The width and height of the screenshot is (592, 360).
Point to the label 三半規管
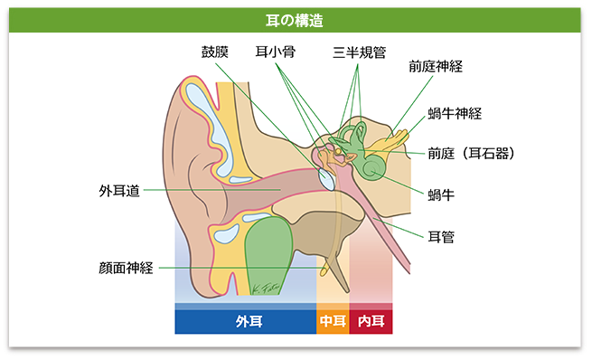(359, 52)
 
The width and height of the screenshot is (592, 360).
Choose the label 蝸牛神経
(455, 114)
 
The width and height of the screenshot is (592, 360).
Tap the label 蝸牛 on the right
(442, 193)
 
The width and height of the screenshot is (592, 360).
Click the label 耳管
(441, 237)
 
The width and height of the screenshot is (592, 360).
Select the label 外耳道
(119, 191)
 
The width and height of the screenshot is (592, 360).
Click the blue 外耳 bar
(245, 322)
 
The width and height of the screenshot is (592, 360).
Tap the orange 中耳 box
(331, 322)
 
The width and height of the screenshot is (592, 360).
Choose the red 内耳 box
(371, 322)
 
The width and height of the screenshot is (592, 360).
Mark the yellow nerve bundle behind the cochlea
(396, 137)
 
